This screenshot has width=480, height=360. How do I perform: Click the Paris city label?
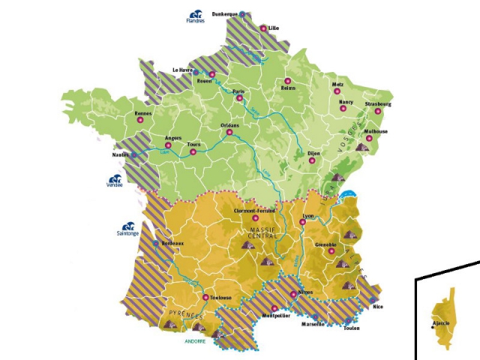(x=239, y=91)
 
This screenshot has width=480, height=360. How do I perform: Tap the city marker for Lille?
(x=263, y=28)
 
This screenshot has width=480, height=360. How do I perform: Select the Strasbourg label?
(x=378, y=103)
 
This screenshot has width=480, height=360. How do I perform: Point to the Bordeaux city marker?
(x=156, y=244)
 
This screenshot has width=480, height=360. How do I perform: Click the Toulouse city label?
(x=220, y=298)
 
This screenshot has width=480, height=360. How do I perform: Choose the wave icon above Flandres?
(x=196, y=13)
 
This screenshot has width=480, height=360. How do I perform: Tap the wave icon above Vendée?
(x=115, y=180)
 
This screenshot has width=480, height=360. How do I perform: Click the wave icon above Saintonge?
(x=127, y=226)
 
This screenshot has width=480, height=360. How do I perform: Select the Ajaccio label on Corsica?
(x=441, y=324)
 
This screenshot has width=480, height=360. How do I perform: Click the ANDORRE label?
(x=195, y=341)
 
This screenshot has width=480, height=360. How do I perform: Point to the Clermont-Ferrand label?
(x=250, y=211)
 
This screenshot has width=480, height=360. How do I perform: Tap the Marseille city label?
(x=312, y=324)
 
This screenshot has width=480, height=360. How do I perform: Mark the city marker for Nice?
(x=372, y=301)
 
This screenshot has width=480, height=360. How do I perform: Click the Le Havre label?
(x=183, y=70)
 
